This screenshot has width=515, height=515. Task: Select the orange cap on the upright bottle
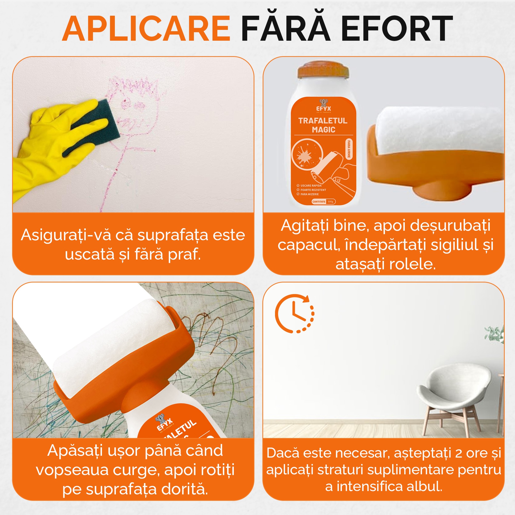pyautogui.click(x=323, y=70)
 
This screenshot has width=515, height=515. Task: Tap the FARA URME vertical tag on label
pyautogui.click(x=349, y=149)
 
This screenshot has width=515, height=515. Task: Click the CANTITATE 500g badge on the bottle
pyautogui.click(x=324, y=202)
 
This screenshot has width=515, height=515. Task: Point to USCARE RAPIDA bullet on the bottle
pyautogui.click(x=311, y=185)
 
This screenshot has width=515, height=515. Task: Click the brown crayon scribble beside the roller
pyautogui.click(x=213, y=347)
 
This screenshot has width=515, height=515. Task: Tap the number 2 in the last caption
pyautogui.click(x=459, y=453)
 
